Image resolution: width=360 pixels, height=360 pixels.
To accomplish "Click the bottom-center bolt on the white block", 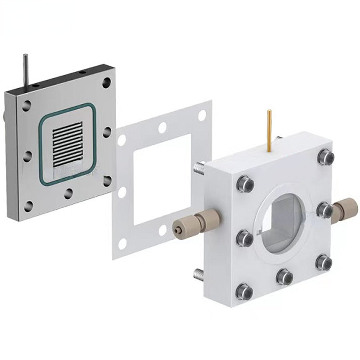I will pyautogui.click(x=284, y=276).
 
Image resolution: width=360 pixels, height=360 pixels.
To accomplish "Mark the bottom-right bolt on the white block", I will pyautogui.click(x=324, y=262).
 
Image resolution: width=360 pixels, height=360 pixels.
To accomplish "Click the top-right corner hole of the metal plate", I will pyautogui.click(x=106, y=83).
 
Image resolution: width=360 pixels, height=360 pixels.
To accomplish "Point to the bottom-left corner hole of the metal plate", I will pyautogui.click(x=28, y=206).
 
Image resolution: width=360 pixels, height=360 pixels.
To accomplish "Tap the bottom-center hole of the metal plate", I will pyautogui.click(x=68, y=193).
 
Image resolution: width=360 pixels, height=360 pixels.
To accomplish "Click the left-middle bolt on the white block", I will pyautogui.click(x=244, y=237).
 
